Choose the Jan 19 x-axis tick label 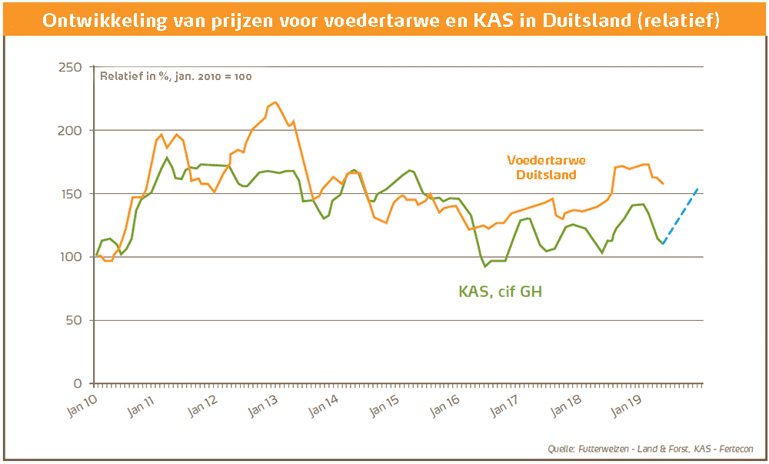pyautogui.click(x=627, y=405)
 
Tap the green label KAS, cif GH pyautogui.click(x=501, y=292)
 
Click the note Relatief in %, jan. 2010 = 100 pyautogui.click(x=176, y=76)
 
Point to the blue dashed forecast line pyautogui.click(x=681, y=215)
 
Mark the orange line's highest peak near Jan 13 pyautogui.click(x=275, y=102)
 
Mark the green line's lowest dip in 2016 pyautogui.click(x=485, y=266)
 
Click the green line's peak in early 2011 pyautogui.click(x=167, y=158)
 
